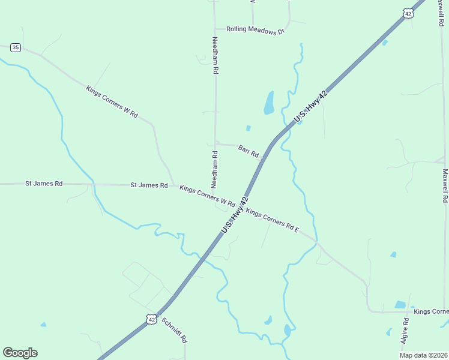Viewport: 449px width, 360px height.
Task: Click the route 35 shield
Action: point(16,47)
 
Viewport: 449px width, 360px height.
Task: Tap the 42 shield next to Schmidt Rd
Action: point(151,320)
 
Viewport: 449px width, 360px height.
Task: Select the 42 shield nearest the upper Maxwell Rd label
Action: point(409,14)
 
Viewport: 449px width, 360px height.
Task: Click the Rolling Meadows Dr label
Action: point(255,30)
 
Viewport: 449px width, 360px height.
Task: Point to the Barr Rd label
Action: point(248,149)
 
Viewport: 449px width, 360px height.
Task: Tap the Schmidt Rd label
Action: point(176,331)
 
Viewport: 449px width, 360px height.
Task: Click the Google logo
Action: point(20,353)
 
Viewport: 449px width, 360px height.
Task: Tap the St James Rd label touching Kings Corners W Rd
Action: point(149,185)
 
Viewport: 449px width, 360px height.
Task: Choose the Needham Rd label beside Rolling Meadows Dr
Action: point(215,55)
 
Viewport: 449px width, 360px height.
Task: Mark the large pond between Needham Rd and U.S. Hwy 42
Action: point(269,103)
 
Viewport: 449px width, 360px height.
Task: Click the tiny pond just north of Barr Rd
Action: point(248,128)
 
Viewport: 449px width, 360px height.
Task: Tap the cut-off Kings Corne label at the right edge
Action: point(431,311)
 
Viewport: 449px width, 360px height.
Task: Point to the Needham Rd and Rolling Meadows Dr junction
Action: point(215,29)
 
